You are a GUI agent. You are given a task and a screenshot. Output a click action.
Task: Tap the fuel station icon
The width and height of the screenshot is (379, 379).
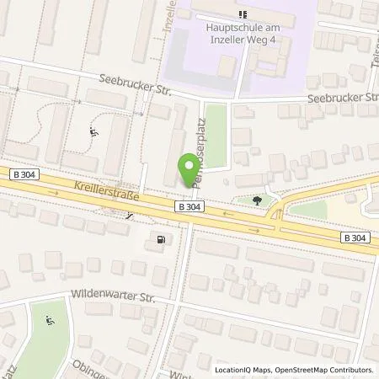(x=160, y=240)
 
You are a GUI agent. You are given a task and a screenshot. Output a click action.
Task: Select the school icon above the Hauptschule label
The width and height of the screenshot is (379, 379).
(x=243, y=13)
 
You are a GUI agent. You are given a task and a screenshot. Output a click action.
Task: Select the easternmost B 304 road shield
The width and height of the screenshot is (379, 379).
(x=355, y=238)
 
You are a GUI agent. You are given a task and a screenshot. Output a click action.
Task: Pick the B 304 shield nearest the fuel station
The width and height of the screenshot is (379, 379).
(x=188, y=206)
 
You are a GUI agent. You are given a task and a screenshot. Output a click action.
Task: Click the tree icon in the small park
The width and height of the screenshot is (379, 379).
(x=257, y=200)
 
